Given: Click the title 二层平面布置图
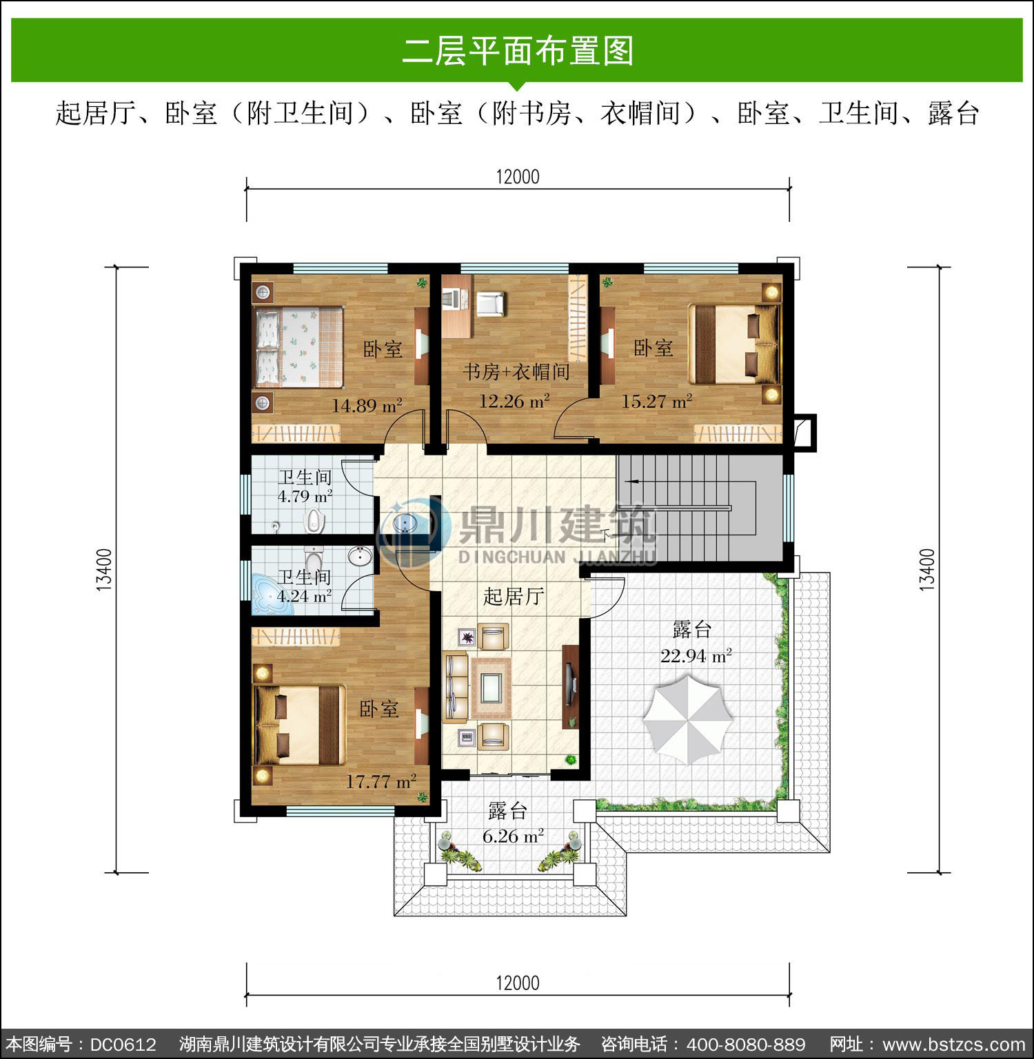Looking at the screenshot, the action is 518,51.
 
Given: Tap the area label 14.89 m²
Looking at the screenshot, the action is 367,406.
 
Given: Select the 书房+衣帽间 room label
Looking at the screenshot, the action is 516,372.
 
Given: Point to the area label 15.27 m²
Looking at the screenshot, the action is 657,401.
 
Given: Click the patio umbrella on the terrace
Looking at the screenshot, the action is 688,719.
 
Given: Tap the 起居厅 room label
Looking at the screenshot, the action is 514,596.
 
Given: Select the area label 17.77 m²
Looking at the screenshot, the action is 381,781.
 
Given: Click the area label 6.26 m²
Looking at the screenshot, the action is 513,836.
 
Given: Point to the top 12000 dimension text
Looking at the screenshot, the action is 518,177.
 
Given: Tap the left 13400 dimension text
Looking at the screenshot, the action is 104,570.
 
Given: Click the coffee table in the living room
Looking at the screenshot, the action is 490,686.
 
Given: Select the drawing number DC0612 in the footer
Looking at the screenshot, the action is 123,1045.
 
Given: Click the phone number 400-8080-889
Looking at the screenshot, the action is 746,1045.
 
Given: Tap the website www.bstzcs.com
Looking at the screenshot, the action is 954,1045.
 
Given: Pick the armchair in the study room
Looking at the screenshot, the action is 490,305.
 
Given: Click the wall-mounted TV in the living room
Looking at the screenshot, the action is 569,686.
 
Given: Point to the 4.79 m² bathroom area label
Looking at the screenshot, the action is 305,496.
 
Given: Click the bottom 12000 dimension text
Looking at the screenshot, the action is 518,983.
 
